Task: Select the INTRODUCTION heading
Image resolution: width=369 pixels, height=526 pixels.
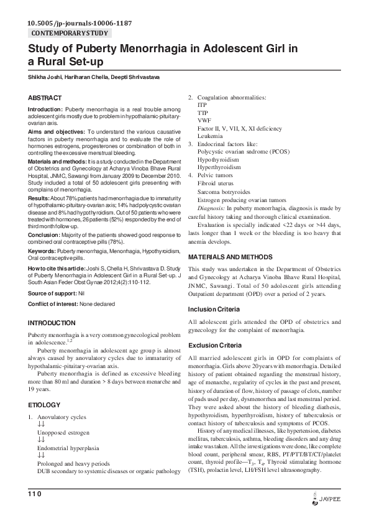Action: click(52, 323)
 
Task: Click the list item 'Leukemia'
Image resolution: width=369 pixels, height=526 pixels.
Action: click(210, 135)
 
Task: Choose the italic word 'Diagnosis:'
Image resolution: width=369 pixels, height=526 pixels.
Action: click(214, 208)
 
